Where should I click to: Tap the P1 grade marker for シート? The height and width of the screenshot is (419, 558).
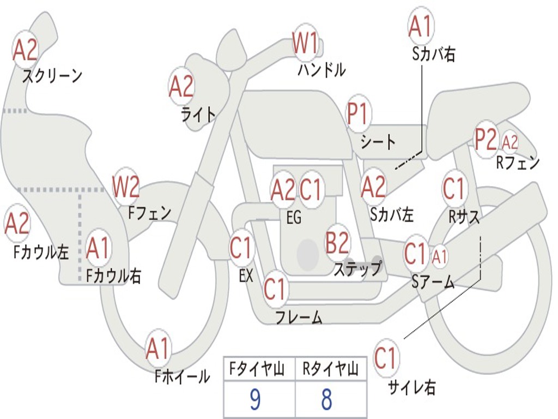coord(358,115)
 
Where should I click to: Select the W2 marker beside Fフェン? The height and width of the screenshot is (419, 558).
coord(126,187)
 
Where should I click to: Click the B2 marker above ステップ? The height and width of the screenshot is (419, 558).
coord(337,243)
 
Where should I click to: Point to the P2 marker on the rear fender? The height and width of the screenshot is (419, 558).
coord(486,140)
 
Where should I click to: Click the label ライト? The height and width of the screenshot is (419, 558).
coord(198,114)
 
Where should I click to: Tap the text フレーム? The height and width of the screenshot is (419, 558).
coord(299,317)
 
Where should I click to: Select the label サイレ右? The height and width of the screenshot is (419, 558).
coord(411,387)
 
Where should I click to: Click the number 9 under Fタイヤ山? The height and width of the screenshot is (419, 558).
coord(254,400)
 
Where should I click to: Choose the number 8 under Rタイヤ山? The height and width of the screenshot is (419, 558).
coord(326,400)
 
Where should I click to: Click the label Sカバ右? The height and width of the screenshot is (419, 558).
coord(434,55)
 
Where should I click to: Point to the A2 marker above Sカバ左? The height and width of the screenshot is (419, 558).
coord(374,187)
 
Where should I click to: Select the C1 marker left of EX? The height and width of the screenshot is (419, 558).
coord(241,248)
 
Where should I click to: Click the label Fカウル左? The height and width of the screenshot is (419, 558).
coord(41,252)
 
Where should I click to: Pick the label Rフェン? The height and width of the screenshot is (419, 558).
coord(517,163)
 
